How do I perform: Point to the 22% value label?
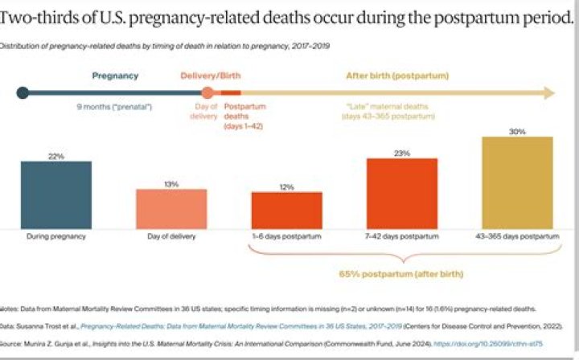[56, 156]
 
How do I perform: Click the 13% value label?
[170, 184]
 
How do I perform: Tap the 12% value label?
[286, 186]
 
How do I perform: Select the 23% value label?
[401, 153]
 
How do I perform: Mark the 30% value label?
[517, 131]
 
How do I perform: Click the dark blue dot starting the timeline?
[23, 92]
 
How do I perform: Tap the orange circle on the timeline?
[207, 92]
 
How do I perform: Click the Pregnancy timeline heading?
[115, 76]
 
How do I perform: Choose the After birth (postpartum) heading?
[397, 76]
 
